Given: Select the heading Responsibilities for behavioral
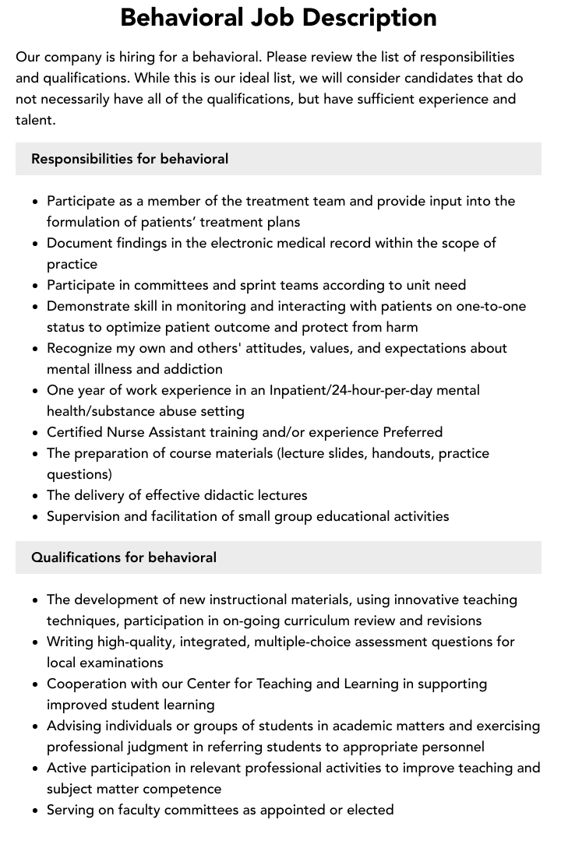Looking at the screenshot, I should coord(129,159).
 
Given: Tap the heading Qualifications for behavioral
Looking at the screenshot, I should coord(124,557).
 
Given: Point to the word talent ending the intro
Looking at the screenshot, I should coord(34,120).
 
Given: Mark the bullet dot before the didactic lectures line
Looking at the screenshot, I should coord(36,496).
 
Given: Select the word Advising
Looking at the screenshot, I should coord(76,726).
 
